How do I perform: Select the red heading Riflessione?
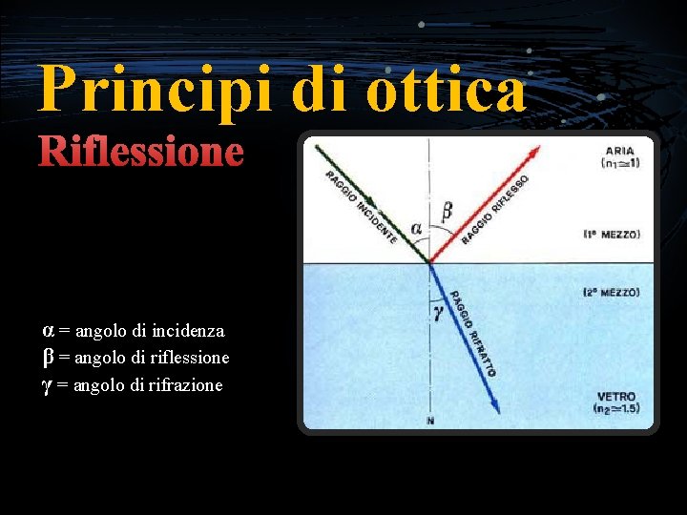pyautogui.click(x=140, y=153)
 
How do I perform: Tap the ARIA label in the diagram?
pyautogui.click(x=619, y=151)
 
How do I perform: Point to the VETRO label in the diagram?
pyautogui.click(x=616, y=396)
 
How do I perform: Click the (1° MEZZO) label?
pyautogui.click(x=613, y=234)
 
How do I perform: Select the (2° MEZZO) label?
pyautogui.click(x=613, y=292)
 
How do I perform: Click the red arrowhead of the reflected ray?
pyautogui.click(x=533, y=153)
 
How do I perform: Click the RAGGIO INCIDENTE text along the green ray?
pyautogui.click(x=362, y=206)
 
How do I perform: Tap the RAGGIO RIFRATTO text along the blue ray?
pyautogui.click(x=471, y=333)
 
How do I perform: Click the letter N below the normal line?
pyautogui.click(x=430, y=421)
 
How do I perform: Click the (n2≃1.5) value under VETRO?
pyautogui.click(x=616, y=410)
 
